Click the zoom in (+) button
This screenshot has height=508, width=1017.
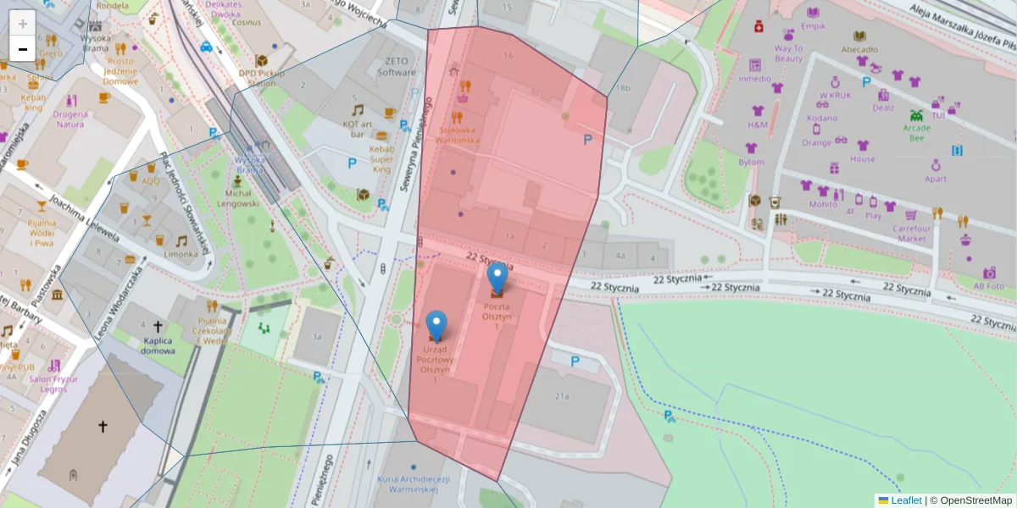pos(23,24)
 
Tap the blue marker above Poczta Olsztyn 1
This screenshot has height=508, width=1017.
pos(497,277)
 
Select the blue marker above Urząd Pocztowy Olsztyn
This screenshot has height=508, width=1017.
pos(436,325)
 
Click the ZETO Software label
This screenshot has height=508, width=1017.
pos(397,67)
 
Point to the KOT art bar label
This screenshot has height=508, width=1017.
pos(359,129)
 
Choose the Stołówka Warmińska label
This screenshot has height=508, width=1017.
pos(459,135)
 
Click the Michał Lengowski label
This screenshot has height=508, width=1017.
pos(238,198)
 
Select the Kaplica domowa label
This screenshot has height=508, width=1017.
pos(158,345)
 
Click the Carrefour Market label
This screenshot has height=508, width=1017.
pos(912,234)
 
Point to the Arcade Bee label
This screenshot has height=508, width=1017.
pos(916,133)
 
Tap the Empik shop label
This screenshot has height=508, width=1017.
pos(813,26)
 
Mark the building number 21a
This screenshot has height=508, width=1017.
pos(562,395)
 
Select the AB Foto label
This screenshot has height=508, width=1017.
pos(988,285)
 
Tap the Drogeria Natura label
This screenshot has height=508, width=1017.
pos(70,119)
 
